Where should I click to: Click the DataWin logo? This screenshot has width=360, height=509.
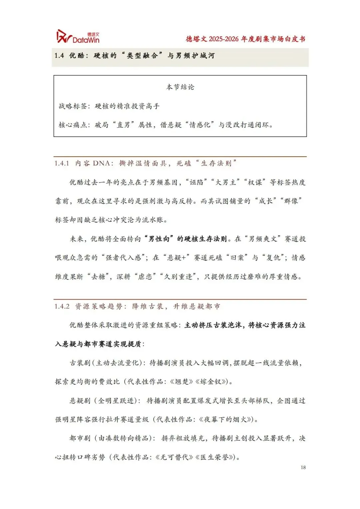[x=78, y=36]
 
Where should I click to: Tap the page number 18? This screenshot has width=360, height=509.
[x=303, y=467]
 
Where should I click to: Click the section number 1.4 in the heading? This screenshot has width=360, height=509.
[x=59, y=56]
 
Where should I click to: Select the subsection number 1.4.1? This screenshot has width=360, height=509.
[x=62, y=163]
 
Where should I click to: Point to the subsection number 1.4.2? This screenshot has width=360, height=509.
[x=62, y=306]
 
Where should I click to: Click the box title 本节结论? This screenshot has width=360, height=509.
[x=180, y=87]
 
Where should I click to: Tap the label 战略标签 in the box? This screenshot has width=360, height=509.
[x=72, y=106]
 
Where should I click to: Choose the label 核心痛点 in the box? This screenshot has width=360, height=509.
[x=72, y=125]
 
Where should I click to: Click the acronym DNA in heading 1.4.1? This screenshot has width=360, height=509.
[x=101, y=163]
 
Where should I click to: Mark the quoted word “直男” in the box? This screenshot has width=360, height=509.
[x=123, y=125]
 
